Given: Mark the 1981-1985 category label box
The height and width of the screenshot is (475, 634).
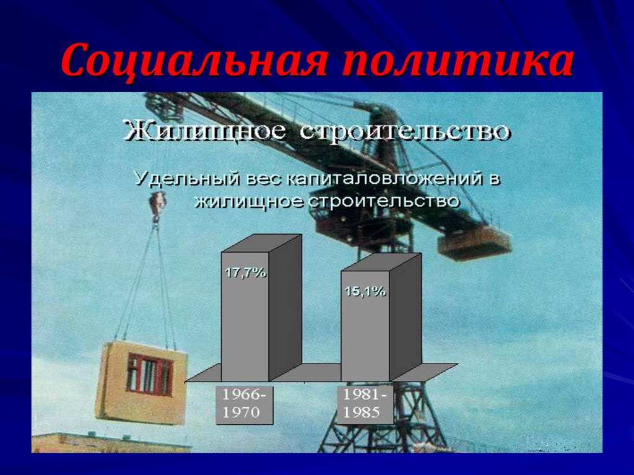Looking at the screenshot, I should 365,404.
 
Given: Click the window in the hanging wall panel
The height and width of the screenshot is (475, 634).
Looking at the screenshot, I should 149,373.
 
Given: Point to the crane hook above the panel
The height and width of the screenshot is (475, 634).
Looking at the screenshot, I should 158,204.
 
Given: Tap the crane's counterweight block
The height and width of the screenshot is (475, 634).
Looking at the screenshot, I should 474,243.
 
